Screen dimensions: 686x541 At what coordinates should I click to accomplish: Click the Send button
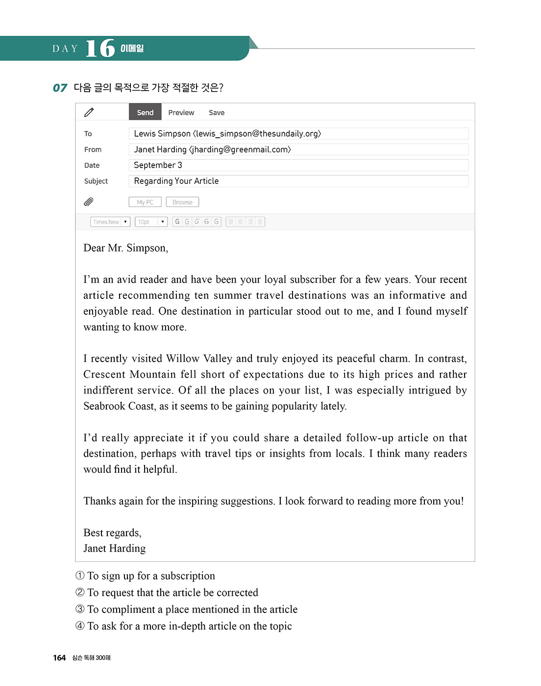pyautogui.click(x=145, y=112)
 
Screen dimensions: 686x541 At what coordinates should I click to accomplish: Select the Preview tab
pyautogui.click(x=181, y=113)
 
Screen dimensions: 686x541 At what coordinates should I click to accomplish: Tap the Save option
pyautogui.click(x=217, y=113)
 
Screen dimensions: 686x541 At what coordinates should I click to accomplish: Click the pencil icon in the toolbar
pyautogui.click(x=89, y=112)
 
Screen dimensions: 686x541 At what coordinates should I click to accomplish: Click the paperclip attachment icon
pyautogui.click(x=89, y=202)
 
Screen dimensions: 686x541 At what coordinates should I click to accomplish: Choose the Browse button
pyautogui.click(x=182, y=202)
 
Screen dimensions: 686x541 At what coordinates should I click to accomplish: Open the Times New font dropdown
pyautogui.click(x=110, y=222)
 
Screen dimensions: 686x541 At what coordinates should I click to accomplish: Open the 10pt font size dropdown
pyautogui.click(x=151, y=222)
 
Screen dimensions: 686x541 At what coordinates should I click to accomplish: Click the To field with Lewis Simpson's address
pyautogui.click(x=298, y=134)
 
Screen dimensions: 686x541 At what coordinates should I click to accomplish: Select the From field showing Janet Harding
pyautogui.click(x=298, y=149)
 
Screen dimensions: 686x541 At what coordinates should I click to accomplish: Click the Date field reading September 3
pyautogui.click(x=298, y=165)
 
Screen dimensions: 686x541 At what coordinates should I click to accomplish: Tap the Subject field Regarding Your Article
pyautogui.click(x=298, y=181)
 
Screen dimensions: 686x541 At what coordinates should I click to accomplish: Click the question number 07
pyautogui.click(x=60, y=88)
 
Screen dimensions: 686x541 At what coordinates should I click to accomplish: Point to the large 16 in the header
pyautogui.click(x=100, y=48)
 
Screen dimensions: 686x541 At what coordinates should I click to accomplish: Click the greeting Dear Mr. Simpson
pyautogui.click(x=126, y=248)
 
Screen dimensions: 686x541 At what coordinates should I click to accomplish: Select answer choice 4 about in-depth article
pyautogui.click(x=184, y=626)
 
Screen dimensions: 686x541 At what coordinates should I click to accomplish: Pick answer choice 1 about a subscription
pyautogui.click(x=146, y=576)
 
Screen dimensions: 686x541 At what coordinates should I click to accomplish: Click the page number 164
pyautogui.click(x=59, y=658)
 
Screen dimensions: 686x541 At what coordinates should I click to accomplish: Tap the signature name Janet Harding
pyautogui.click(x=115, y=548)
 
